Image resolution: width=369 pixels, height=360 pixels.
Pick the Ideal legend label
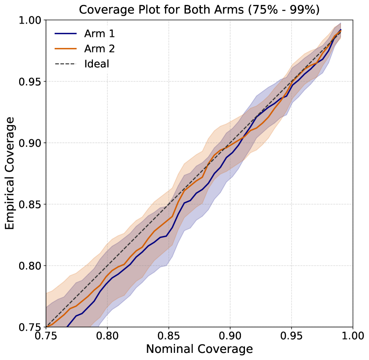(96, 64)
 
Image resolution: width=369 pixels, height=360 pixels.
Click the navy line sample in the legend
(65, 33)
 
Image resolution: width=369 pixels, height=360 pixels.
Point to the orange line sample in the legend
(65, 48)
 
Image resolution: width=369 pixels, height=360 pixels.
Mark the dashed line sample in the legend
(65, 64)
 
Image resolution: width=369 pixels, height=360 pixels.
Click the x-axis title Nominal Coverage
(199, 349)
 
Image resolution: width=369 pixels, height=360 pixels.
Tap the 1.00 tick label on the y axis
(31, 20)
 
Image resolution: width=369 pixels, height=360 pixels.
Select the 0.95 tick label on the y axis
(31, 82)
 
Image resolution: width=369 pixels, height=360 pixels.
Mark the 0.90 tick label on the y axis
(31, 143)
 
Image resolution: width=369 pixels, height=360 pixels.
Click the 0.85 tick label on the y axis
(31, 204)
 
